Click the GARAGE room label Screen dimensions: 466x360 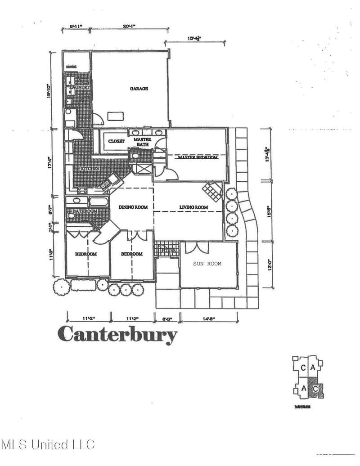pyautogui.click(x=139, y=89)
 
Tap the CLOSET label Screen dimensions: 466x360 pyautogui.click(x=116, y=141)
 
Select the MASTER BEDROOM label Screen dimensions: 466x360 pyautogui.click(x=198, y=158)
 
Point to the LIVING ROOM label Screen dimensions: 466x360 pyautogui.click(x=193, y=207)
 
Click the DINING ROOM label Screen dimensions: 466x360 pyautogui.click(x=133, y=207)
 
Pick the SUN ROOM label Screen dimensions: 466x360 pyautogui.click(x=207, y=264)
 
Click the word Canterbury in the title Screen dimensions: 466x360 pyautogui.click(x=117, y=334)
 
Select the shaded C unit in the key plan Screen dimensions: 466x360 pyautogui.click(x=317, y=388)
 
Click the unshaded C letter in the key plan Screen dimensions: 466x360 pyautogui.click(x=304, y=368)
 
